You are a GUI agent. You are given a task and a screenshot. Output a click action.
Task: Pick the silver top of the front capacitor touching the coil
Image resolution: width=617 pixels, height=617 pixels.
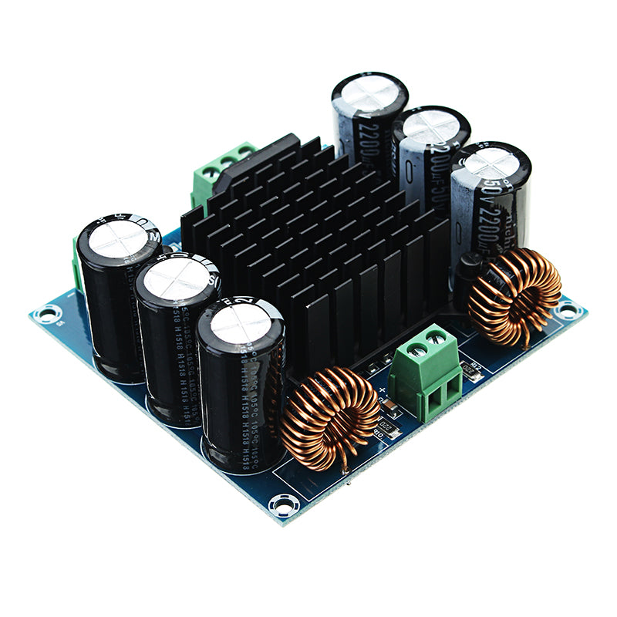pyautogui.click(x=241, y=322)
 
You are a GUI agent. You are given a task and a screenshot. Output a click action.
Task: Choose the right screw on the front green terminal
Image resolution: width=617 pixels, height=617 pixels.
pyautogui.click(x=437, y=337)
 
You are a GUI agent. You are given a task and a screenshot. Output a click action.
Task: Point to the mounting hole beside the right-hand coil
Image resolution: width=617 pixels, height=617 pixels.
pyautogui.click(x=568, y=311)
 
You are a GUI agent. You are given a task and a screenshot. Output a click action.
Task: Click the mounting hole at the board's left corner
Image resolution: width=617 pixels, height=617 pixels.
pyautogui.click(x=48, y=313)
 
